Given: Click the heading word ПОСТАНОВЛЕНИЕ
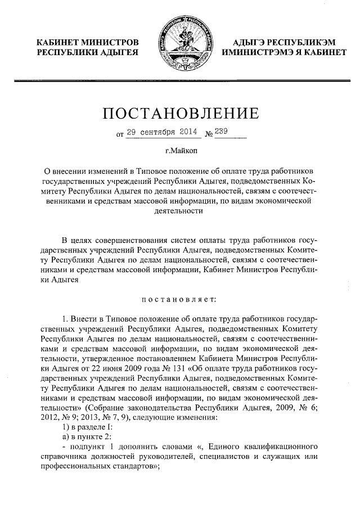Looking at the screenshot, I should (180, 114).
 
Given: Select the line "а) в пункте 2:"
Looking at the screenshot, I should (88, 436).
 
